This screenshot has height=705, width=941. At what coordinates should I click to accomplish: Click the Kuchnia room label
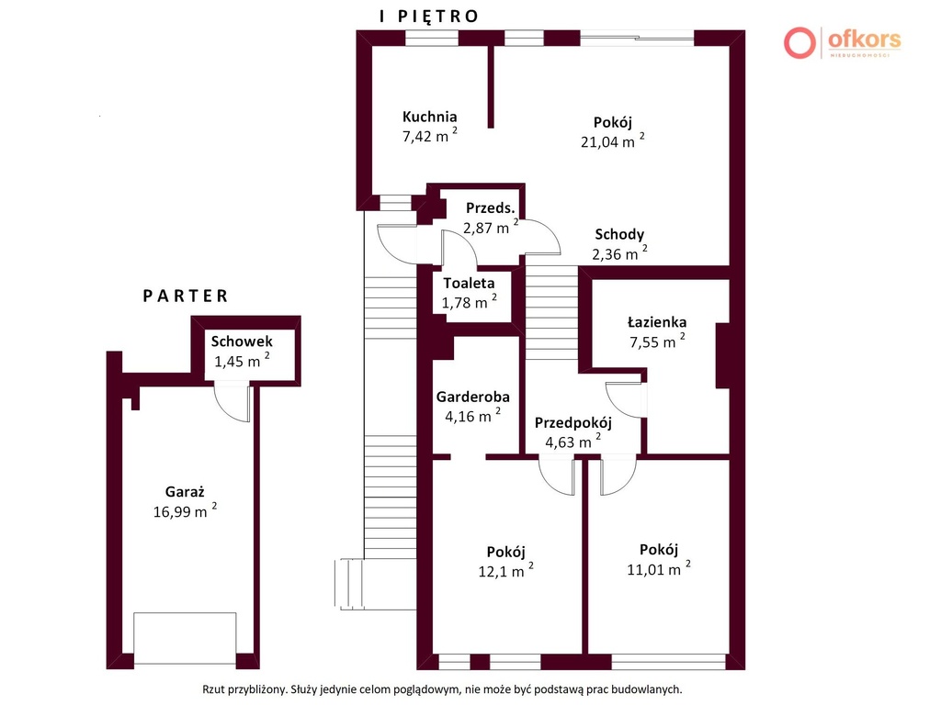[429, 117]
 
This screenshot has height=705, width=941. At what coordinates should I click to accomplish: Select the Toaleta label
[469, 283]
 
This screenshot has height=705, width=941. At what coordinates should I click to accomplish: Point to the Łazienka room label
[656, 322]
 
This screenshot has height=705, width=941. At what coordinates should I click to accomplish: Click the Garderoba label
[473, 397]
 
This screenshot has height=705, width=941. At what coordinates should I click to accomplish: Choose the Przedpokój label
[573, 423]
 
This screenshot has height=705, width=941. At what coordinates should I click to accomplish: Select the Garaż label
[185, 492]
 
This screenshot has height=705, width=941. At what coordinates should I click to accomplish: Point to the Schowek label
[242, 341]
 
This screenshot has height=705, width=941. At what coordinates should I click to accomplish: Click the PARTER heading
[186, 297]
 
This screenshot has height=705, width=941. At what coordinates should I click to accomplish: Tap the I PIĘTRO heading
[429, 17]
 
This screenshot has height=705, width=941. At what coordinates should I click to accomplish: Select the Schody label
[619, 234]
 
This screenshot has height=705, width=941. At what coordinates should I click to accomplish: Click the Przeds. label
[491, 208]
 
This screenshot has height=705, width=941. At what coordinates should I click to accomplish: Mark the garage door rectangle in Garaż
[185, 638]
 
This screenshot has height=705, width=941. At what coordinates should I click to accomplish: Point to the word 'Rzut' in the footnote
[213, 689]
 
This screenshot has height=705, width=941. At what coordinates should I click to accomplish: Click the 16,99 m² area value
[185, 510]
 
